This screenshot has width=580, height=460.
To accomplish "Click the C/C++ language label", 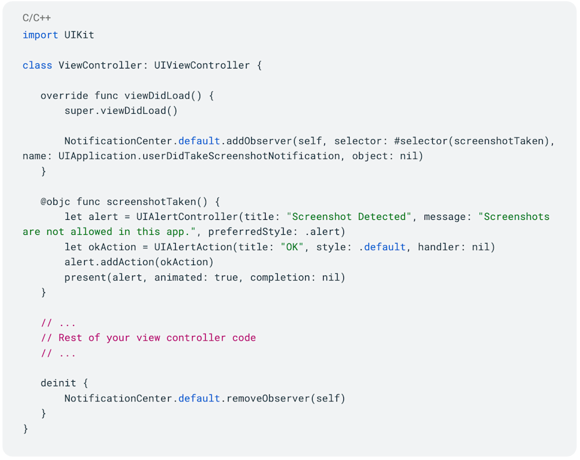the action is (x=37, y=18).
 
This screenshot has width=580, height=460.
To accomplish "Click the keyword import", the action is (x=40, y=35).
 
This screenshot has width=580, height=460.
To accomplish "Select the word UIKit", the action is (x=79, y=35).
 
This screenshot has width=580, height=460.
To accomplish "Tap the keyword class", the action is (x=37, y=65).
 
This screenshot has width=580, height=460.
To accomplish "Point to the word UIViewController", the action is (x=202, y=65).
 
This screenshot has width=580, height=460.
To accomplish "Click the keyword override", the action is (x=64, y=96).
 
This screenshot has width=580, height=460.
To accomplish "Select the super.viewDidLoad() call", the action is (x=121, y=111).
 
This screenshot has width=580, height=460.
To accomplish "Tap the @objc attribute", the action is (x=55, y=202).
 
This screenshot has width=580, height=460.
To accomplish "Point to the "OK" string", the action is (x=291, y=247).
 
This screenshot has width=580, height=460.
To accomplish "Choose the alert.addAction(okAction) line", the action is (x=139, y=262).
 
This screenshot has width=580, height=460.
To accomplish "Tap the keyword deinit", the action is (x=58, y=383).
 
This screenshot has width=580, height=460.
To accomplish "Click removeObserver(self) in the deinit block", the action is (x=285, y=398).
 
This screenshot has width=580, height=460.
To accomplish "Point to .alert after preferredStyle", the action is (x=327, y=232).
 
